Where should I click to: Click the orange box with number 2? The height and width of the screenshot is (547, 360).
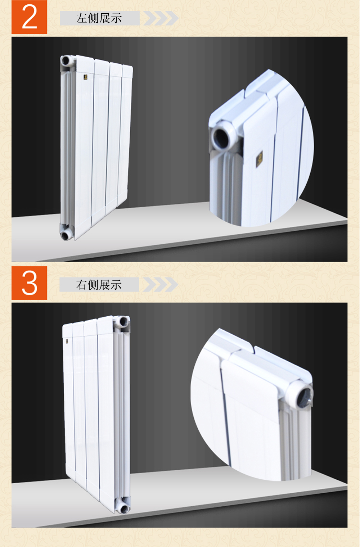[x=29, y=17]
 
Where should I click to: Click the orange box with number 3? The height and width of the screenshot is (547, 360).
[x=29, y=283]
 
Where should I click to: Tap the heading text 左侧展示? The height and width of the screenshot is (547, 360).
[x=99, y=18]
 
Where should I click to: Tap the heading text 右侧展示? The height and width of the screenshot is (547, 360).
[x=99, y=285]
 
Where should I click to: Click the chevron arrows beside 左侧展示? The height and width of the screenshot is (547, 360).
[x=161, y=18]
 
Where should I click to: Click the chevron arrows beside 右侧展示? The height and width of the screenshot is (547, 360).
[x=161, y=285]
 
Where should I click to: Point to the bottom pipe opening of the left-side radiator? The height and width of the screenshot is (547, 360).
[x=66, y=236]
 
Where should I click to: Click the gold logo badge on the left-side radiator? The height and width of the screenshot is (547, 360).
[x=85, y=77]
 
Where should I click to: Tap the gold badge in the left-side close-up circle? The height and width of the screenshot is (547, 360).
[x=260, y=159]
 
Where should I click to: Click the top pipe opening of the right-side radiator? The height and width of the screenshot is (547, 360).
[x=123, y=321]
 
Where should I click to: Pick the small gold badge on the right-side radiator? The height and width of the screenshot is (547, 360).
[x=67, y=341]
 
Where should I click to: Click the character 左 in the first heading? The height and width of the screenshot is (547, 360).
[x=82, y=18]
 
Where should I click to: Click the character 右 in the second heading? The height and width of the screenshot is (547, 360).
[x=82, y=285]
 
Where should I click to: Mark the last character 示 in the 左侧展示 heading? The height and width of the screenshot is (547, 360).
[x=116, y=18]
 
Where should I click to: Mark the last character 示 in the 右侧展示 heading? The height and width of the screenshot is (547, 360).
[x=116, y=285]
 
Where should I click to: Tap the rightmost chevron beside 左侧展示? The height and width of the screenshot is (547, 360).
[x=172, y=18]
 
